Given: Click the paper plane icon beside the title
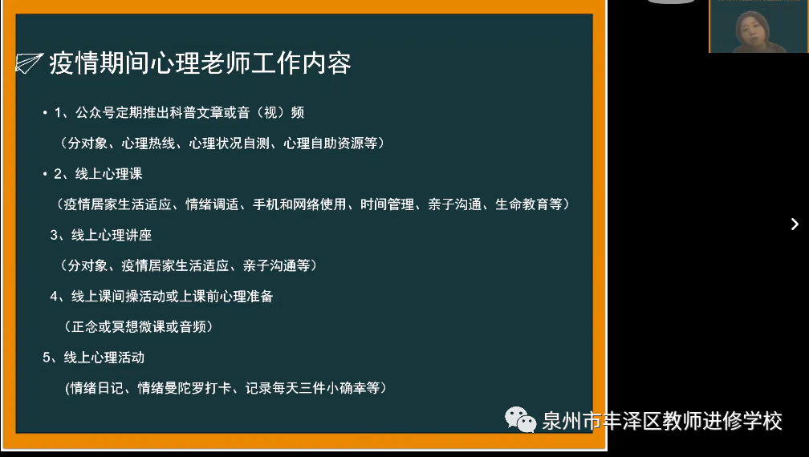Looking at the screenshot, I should coord(28,63).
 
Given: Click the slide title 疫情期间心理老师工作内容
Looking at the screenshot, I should coord(201,63).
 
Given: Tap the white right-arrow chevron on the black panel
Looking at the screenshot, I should coord(795,224).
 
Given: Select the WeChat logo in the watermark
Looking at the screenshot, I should coord(520,419).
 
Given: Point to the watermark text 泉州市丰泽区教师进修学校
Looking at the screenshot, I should coord(661,420).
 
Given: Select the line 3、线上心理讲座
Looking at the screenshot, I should coord(101,235).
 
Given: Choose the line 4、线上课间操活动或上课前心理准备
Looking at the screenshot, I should coord(161,297).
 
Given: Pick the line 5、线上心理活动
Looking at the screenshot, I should coord(94,358).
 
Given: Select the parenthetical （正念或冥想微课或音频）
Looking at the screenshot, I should coord(137,327).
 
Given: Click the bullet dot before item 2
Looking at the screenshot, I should coord(46,175).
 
